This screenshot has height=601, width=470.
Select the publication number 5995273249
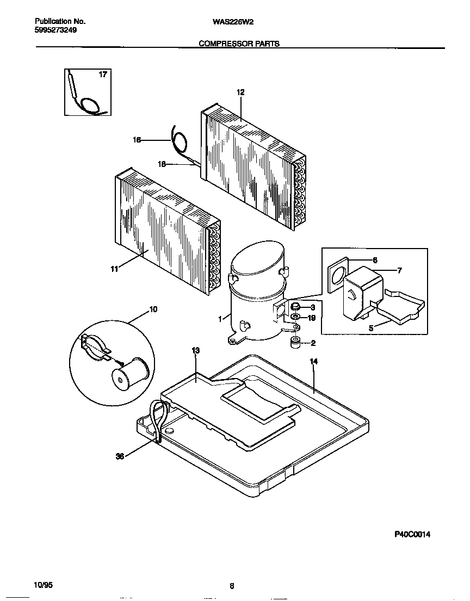point(55,30)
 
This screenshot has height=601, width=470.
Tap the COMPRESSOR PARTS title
point(239,44)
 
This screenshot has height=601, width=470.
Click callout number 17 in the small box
point(103,75)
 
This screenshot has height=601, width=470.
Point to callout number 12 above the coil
point(240,92)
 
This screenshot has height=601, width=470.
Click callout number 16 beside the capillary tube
point(137,140)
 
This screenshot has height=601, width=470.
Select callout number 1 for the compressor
point(220,320)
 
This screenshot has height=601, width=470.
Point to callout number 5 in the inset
point(371,329)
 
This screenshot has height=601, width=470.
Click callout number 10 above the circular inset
point(153,309)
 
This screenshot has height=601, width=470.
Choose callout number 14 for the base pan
point(313,361)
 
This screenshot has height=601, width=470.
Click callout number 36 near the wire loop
point(120,456)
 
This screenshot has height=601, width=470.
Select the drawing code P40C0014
point(412,535)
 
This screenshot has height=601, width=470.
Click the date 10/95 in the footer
point(44,585)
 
